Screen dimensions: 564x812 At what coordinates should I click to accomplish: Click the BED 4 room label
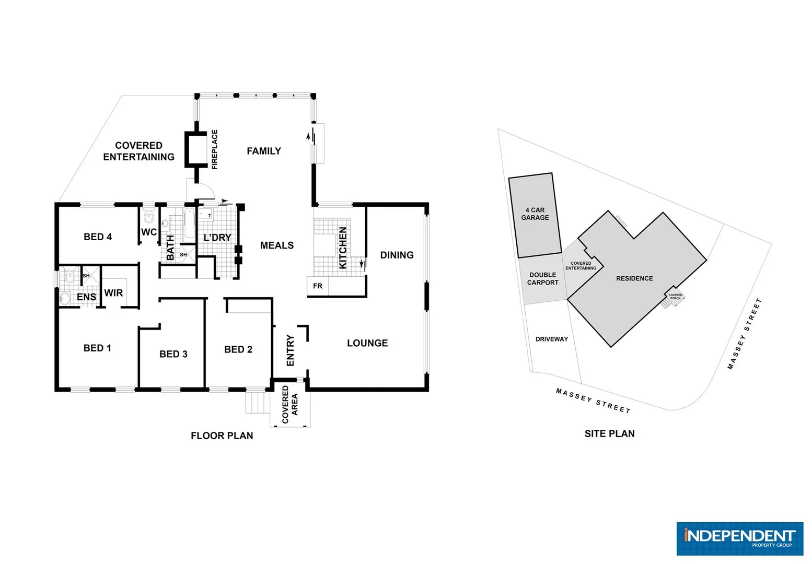click(x=98, y=237)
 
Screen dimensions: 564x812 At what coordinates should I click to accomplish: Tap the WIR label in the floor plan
click(x=113, y=293)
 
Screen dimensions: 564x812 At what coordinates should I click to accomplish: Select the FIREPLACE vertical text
click(x=214, y=149)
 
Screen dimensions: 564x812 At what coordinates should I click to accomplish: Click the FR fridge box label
click(x=318, y=286)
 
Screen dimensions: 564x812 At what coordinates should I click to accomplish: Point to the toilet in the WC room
click(x=148, y=216)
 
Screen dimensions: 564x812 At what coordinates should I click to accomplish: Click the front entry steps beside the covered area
click(x=256, y=402)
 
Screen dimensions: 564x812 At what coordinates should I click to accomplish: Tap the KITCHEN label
click(x=343, y=248)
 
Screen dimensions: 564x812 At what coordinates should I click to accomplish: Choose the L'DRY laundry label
click(x=217, y=238)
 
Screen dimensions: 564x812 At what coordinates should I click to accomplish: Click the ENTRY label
click(x=291, y=350)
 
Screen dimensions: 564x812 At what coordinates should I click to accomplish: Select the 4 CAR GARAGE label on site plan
click(x=535, y=214)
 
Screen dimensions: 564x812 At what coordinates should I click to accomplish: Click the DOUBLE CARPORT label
click(x=542, y=279)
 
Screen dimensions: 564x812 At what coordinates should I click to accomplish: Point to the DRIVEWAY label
click(x=551, y=339)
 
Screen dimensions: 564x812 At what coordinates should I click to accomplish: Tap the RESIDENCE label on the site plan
click(x=634, y=279)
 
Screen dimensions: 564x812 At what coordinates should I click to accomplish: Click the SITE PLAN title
click(x=609, y=434)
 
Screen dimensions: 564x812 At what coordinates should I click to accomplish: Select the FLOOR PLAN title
click(x=222, y=436)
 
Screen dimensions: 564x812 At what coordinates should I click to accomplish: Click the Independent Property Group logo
click(x=739, y=538)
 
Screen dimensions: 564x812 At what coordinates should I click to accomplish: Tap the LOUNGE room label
click(x=367, y=343)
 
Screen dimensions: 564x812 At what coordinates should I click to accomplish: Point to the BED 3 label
click(x=173, y=355)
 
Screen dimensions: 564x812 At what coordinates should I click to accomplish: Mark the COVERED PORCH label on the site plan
click(x=675, y=297)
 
